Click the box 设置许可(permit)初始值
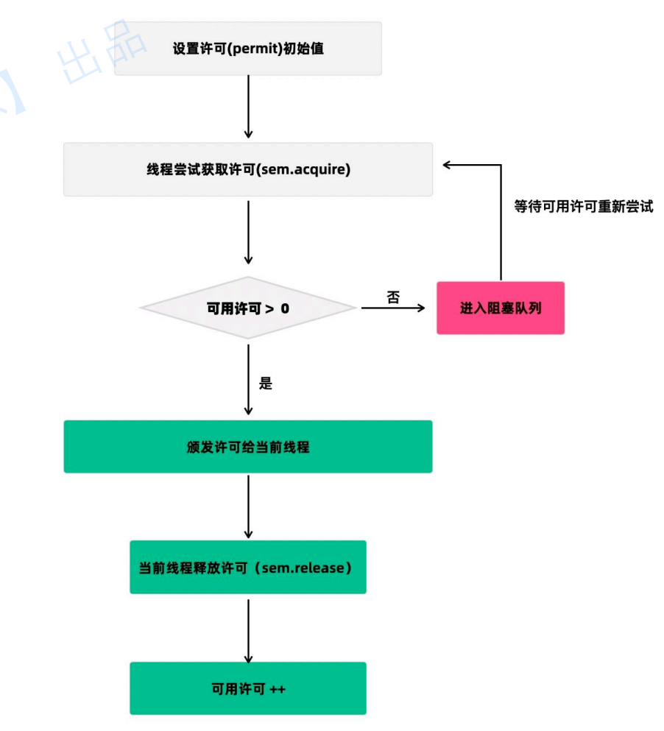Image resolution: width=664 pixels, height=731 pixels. [x=248, y=49]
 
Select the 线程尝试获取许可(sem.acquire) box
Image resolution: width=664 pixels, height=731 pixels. [x=248, y=169]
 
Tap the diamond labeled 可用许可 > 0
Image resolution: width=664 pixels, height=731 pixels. [x=248, y=308]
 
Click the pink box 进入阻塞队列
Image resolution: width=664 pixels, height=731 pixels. [x=501, y=308]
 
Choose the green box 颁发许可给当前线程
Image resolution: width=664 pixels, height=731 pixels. [x=248, y=447]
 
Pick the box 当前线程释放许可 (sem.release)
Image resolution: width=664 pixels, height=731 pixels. [x=248, y=568]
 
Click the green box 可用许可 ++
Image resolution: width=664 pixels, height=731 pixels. [x=248, y=688]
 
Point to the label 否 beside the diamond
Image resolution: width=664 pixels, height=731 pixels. [x=393, y=297]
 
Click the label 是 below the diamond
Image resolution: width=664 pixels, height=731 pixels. [x=266, y=384]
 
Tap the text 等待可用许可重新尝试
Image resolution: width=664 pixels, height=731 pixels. [x=583, y=207]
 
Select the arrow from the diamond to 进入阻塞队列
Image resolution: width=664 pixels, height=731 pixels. [x=394, y=308]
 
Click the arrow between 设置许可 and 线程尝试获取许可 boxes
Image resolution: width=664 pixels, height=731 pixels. [x=248, y=107]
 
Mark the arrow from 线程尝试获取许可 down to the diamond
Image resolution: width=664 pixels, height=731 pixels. [x=248, y=232]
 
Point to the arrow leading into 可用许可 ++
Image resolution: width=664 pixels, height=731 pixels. [x=248, y=630]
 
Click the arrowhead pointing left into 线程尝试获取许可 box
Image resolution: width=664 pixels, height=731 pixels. [x=448, y=166]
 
